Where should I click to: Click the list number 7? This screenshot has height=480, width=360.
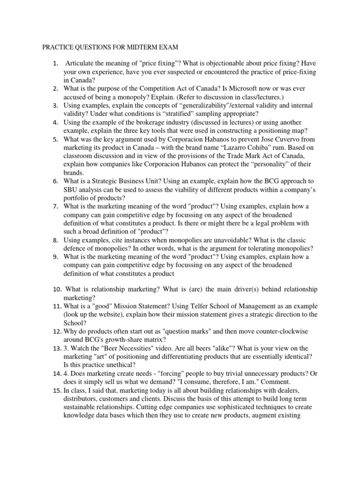coord(55,206)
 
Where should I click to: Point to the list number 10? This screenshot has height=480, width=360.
coord(57,289)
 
